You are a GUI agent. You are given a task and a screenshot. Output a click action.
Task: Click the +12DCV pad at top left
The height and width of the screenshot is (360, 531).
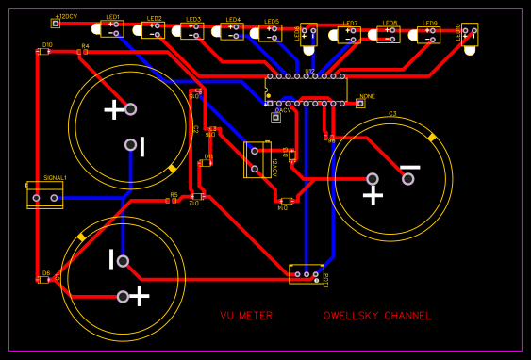click(55, 24)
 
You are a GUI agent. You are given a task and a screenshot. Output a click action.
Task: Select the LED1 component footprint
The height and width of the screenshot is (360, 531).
click(111, 28)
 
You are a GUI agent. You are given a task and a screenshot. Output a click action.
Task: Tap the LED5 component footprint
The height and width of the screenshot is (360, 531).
click(271, 33)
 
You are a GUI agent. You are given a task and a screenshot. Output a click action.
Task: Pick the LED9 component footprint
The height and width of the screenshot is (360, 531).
click(428, 35)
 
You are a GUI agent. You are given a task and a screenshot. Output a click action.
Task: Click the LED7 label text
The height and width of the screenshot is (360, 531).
click(350, 24)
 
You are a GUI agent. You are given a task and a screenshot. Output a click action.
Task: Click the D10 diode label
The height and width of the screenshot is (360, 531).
click(47, 44)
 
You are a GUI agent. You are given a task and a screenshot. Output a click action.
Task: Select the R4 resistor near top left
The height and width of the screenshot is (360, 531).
click(84, 51)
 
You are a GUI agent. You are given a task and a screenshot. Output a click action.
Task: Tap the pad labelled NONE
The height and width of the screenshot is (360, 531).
click(359, 104)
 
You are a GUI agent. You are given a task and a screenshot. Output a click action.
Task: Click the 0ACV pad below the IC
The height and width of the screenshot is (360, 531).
click(276, 118)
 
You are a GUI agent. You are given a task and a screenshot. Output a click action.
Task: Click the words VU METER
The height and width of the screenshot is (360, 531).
click(246, 316)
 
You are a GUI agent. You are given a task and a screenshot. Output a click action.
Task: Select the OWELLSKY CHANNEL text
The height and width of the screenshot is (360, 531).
click(376, 316)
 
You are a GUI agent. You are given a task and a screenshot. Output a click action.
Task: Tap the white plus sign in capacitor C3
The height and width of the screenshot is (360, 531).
click(373, 195)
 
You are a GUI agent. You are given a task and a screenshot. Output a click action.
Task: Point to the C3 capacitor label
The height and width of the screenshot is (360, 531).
click(392, 114)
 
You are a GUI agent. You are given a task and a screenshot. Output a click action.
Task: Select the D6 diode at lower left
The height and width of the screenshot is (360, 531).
click(43, 279)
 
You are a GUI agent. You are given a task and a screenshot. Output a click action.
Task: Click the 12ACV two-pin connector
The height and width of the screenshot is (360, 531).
click(254, 159)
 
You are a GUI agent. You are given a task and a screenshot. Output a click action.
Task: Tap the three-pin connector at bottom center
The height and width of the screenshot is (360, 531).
click(306, 274)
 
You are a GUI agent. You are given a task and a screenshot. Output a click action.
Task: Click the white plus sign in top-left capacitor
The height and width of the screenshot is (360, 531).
click(113, 109)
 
